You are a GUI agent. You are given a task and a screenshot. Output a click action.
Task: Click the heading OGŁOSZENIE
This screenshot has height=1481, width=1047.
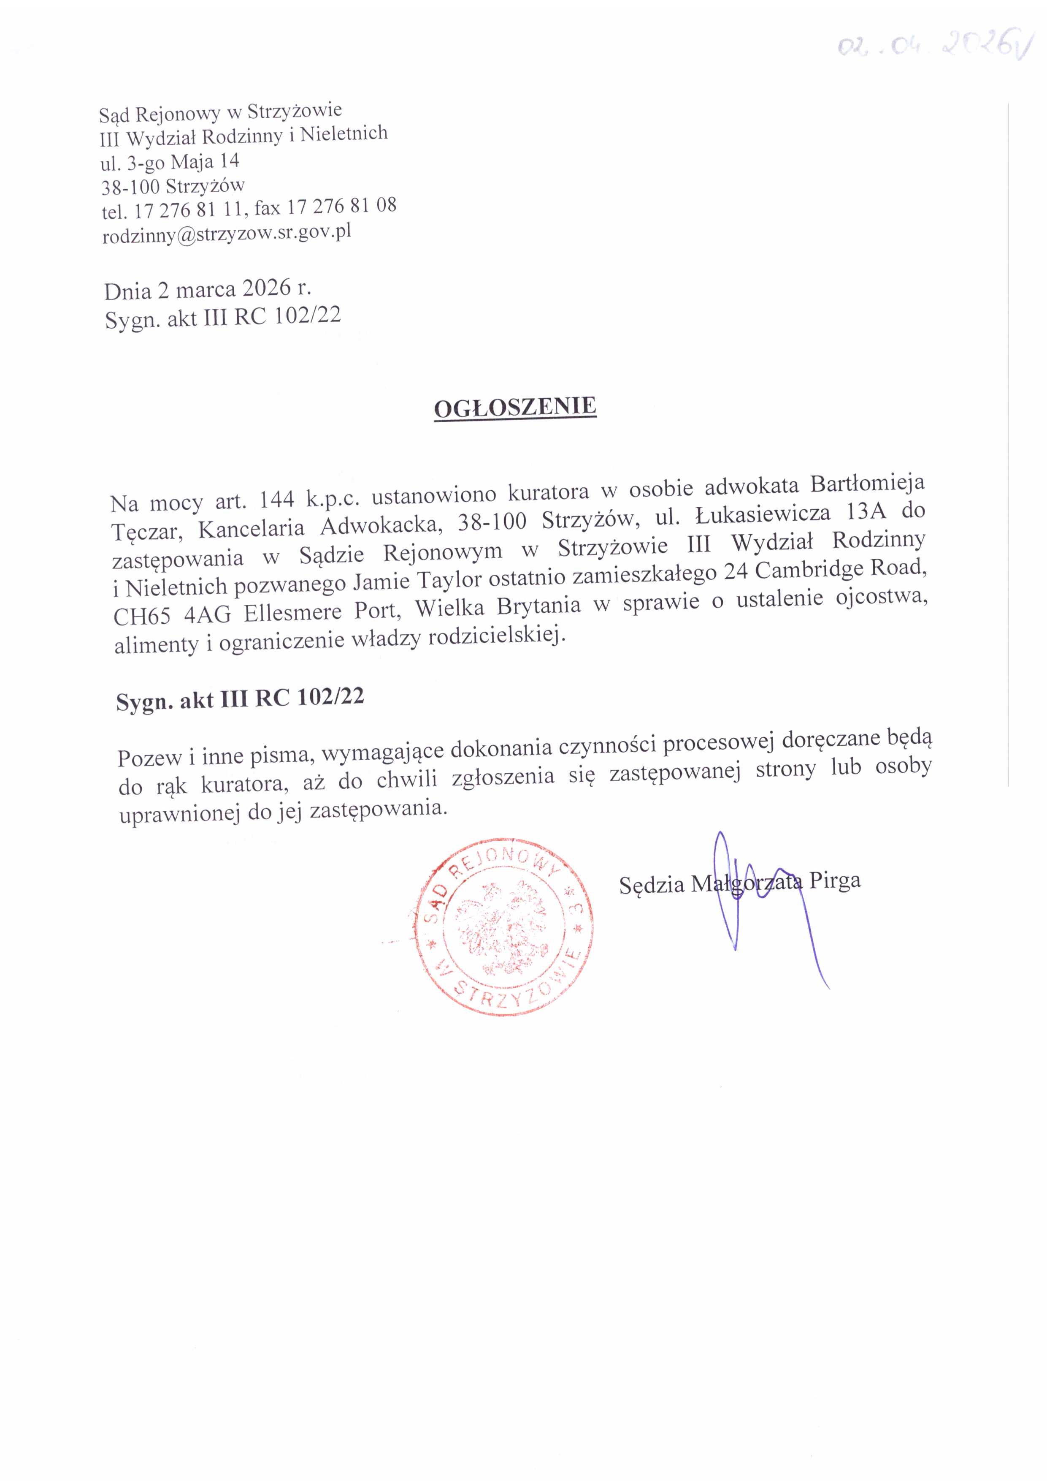tap(515, 408)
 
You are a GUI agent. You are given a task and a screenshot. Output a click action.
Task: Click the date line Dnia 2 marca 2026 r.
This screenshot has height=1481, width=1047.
tap(208, 290)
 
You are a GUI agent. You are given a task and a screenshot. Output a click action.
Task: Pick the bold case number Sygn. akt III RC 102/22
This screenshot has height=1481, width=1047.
tap(240, 699)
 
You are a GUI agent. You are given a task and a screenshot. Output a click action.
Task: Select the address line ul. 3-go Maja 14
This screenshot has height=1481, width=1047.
tap(170, 161)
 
